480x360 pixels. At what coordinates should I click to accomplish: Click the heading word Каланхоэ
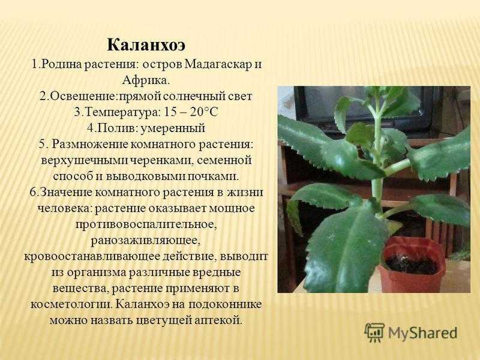146,46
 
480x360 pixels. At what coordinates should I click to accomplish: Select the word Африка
146,80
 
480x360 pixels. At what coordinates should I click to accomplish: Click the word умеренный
173,128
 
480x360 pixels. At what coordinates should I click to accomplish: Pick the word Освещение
83,97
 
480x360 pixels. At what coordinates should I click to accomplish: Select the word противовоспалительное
146,224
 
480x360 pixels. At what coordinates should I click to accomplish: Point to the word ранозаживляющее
146,241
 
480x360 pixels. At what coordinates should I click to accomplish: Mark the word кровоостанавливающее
92,256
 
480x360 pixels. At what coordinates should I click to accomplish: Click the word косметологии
71,304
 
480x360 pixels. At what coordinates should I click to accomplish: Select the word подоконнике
225,304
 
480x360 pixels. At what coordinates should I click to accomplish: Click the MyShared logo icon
374,332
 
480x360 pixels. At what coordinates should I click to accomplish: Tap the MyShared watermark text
423,333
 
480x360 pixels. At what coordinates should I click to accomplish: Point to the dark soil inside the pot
411,263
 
